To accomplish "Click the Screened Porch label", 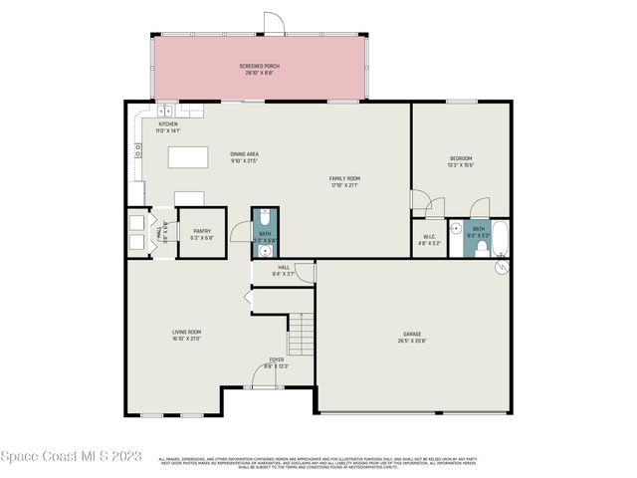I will click(259, 69).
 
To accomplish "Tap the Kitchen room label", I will click(167, 126).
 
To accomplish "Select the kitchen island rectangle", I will click(189, 157).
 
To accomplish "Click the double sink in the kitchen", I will click(164, 111).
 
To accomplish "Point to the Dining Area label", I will click(245, 156).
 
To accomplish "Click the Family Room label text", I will click(344, 181).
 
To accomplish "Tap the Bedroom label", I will click(461, 161).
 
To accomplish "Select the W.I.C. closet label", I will click(429, 239).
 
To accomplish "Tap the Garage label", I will click(413, 339).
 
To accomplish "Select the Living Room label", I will click(187, 335).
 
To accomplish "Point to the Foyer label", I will click(276, 361).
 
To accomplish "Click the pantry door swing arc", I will click(239, 232).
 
